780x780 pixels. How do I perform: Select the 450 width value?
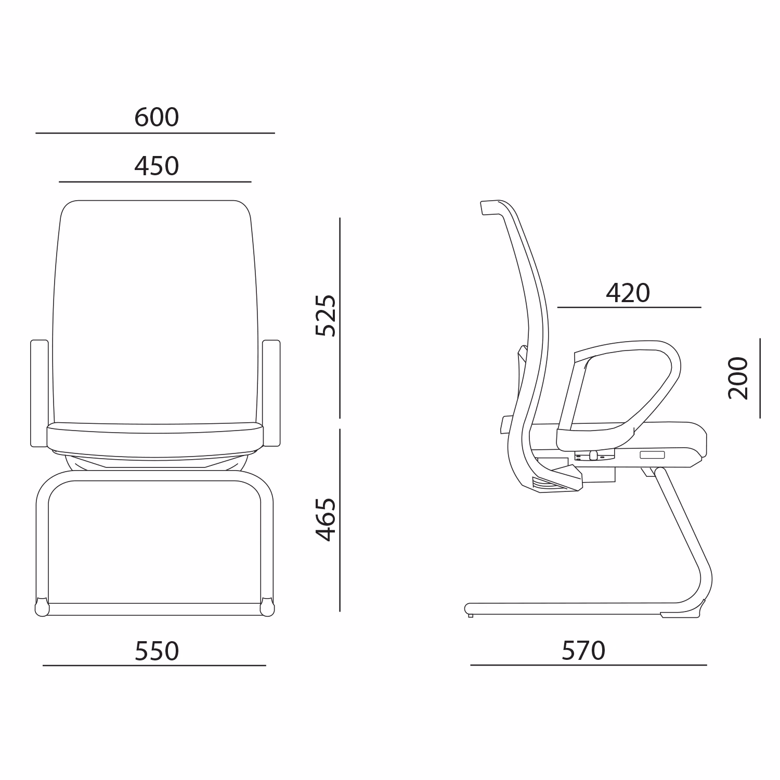[x=157, y=166]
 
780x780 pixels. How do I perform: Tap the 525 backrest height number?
[x=326, y=315]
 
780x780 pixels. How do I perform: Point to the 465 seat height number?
[x=326, y=519]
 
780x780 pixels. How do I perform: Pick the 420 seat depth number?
[x=628, y=293]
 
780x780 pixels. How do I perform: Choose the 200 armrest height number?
[x=738, y=378]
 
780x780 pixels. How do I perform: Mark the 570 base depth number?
[x=583, y=651]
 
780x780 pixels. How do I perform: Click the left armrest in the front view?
[x=40, y=393]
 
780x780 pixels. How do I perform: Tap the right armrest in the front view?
[x=271, y=393]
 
